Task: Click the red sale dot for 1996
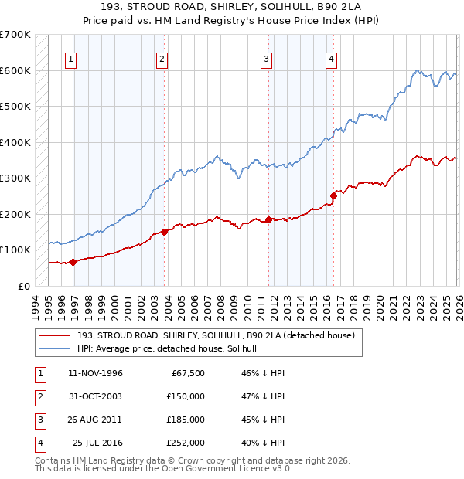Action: [73, 262]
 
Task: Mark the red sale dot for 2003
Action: [165, 232]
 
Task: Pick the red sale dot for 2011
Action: [268, 219]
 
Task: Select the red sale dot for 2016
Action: [333, 195]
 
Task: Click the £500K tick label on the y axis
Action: [15, 107]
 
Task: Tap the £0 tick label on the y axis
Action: [24, 286]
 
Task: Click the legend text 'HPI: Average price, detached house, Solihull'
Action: [172, 349]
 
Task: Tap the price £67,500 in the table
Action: [186, 373]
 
